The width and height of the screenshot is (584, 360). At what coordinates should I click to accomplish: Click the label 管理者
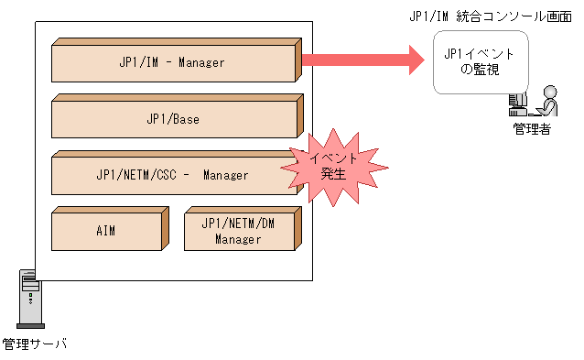531,130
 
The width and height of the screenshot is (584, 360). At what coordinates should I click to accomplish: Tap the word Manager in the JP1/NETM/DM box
238,239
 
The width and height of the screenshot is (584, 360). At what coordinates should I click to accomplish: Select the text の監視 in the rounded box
479,70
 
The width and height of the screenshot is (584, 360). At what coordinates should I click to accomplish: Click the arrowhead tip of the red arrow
423,60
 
